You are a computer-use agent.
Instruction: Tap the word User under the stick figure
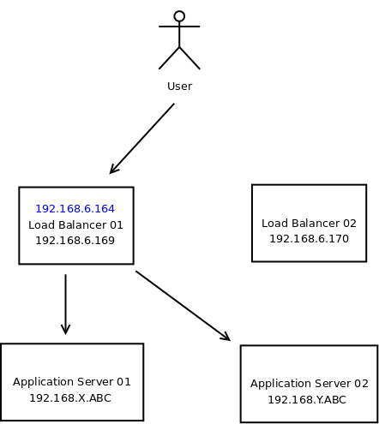(x=179, y=87)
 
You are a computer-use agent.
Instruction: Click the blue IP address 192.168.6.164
(x=75, y=209)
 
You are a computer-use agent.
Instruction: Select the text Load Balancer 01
(x=75, y=225)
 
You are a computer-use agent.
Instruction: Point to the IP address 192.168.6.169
(x=75, y=241)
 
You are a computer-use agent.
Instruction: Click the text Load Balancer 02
(x=309, y=224)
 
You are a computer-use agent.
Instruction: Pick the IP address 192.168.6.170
(x=309, y=239)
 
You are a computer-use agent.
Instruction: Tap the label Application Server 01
(x=72, y=382)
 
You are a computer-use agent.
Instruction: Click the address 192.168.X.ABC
(x=70, y=398)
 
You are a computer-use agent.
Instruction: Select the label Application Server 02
(x=310, y=384)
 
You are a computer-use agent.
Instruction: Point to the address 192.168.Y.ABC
(x=307, y=400)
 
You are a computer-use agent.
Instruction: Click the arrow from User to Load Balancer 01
(x=142, y=139)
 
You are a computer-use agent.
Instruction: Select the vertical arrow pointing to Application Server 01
(x=66, y=304)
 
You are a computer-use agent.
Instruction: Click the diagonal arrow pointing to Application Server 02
(x=183, y=306)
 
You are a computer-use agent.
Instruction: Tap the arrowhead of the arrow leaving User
(x=114, y=169)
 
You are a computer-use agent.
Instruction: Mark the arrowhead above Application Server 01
(x=66, y=330)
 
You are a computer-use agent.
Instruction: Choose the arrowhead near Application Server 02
(x=226, y=337)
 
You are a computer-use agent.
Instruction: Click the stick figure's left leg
(x=169, y=58)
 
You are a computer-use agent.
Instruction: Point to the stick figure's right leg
(x=189, y=58)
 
